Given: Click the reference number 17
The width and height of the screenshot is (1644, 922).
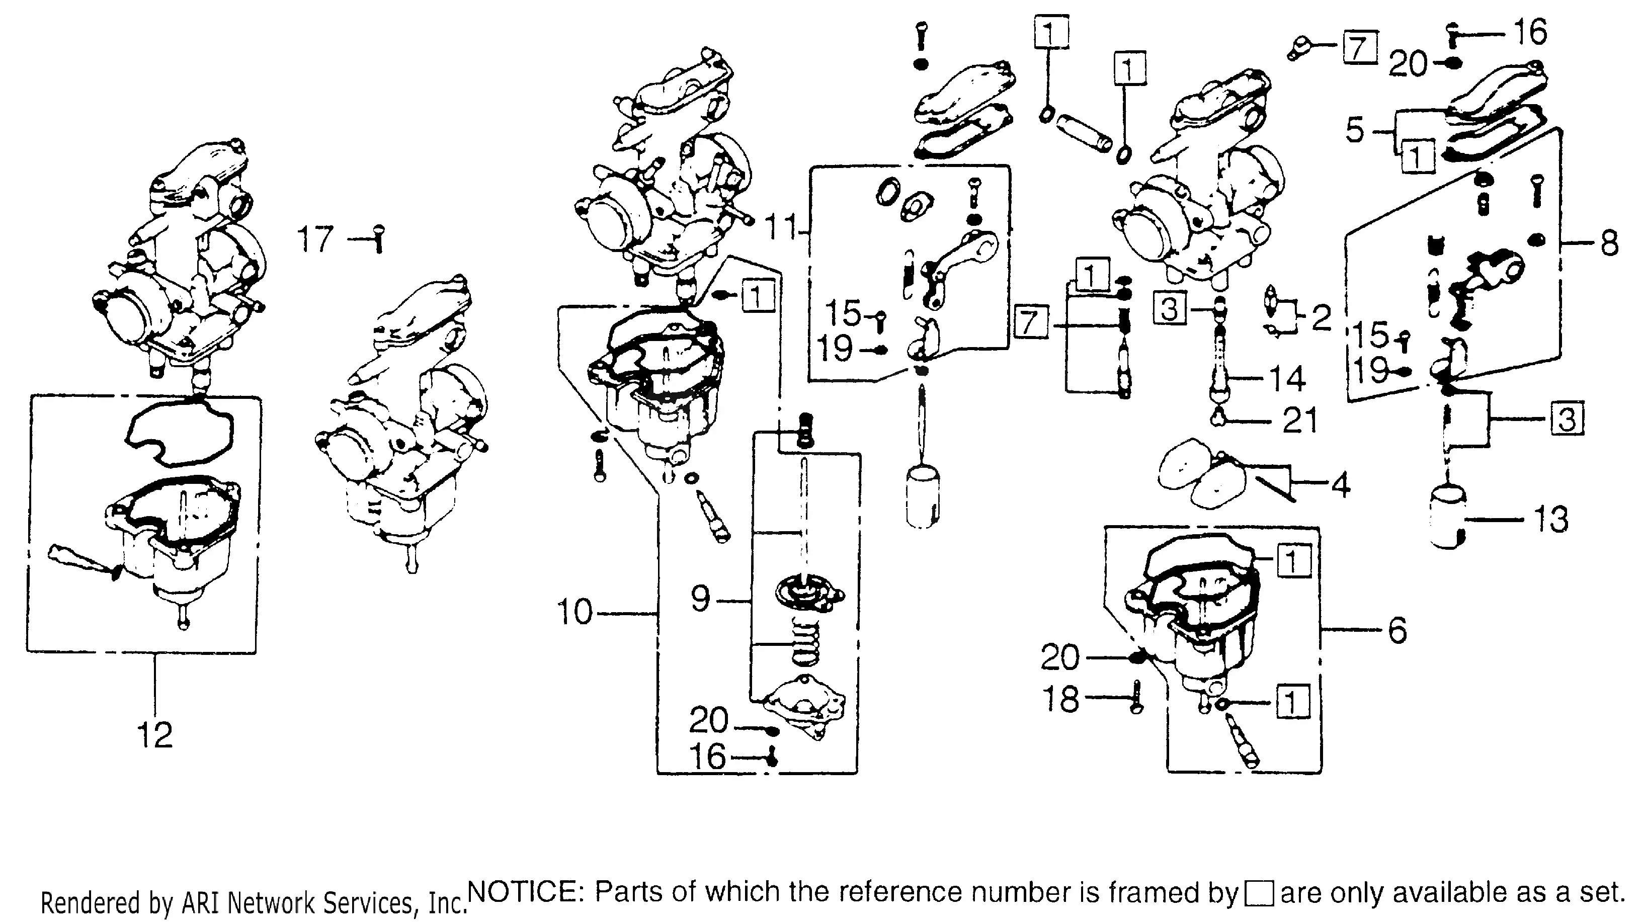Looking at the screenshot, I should pos(315,240).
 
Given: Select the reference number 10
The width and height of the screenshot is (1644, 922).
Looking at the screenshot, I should pos(574,612).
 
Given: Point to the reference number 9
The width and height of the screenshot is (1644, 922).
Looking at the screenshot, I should pos(700,599).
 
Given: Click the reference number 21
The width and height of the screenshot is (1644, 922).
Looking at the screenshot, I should pos(1300,421).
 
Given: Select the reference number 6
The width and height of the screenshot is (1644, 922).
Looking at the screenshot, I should pos(1397,630).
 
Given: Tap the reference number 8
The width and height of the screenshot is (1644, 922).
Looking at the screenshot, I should pos(1609,243).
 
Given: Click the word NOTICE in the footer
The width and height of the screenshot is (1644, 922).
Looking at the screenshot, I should pos(522,891).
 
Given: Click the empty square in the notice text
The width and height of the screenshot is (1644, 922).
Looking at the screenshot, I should pos(1259,894).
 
